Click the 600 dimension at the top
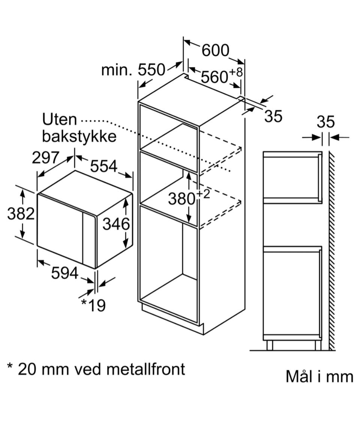[215, 50]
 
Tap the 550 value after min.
[151, 70]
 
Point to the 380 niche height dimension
[181, 199]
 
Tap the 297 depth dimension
[45, 157]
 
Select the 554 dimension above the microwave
[103, 166]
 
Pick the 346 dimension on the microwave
[116, 224]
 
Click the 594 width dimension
[64, 273]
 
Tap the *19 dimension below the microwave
[93, 305]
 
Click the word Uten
[59, 120]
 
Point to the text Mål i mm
[319, 377]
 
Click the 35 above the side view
[325, 122]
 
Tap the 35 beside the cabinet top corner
[273, 116]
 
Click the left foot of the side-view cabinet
[269, 345]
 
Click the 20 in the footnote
[27, 369]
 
